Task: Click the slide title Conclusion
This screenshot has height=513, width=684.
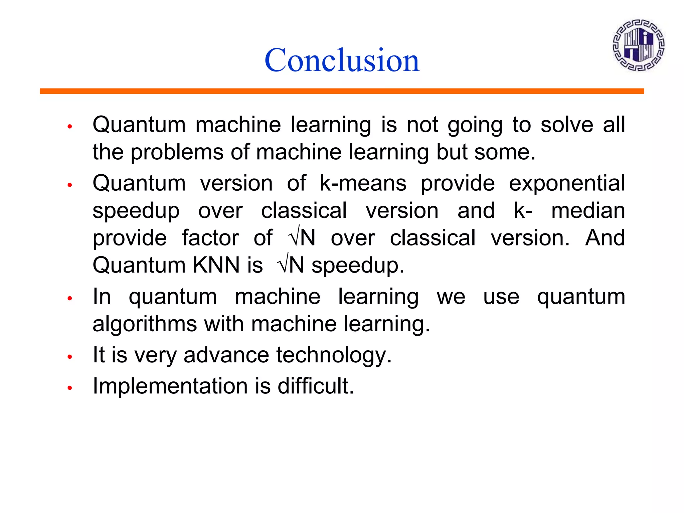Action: pyautogui.click(x=342, y=60)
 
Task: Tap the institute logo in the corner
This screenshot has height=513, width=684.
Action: pyautogui.click(x=638, y=45)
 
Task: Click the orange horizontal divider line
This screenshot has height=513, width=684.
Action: pyautogui.click(x=342, y=91)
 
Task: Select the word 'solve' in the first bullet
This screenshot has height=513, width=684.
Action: pyautogui.click(x=567, y=125)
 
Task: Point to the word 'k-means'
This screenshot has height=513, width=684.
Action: pyautogui.click(x=363, y=183)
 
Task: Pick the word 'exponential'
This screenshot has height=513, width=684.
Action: pyautogui.click(x=567, y=183)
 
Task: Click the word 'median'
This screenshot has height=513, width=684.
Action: pyautogui.click(x=588, y=211)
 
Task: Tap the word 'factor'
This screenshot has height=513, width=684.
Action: pyautogui.click(x=210, y=238)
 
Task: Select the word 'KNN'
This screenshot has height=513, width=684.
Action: pyautogui.click(x=217, y=265)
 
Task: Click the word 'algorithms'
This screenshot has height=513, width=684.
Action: pyautogui.click(x=145, y=324)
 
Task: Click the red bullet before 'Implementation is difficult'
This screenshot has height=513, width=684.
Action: pyautogui.click(x=70, y=388)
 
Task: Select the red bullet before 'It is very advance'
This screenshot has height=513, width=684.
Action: pyautogui.click(x=70, y=357)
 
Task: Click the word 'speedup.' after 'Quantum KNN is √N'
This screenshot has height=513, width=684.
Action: pyautogui.click(x=358, y=266)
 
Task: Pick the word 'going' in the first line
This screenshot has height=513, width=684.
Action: pyautogui.click(x=475, y=125)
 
